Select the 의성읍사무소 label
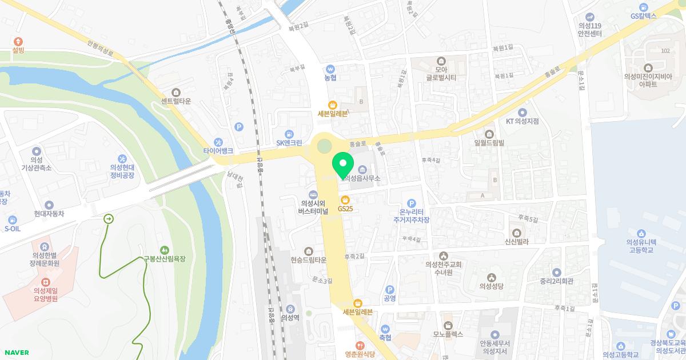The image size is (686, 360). pyautogui.click(x=362, y=179)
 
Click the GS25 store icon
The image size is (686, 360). pyautogui.click(x=345, y=200)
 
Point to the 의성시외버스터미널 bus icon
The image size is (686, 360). pyautogui.click(x=312, y=194)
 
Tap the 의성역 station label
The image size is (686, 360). pyautogui.click(x=290, y=318)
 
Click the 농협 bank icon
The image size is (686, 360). pyautogui.click(x=330, y=69)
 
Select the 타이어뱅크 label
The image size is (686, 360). pyautogui.click(x=218, y=151)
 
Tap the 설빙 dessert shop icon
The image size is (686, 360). pyautogui.click(x=18, y=41)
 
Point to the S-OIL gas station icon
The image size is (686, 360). pyautogui.click(x=12, y=219)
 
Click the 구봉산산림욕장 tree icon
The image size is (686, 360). pyautogui.click(x=165, y=250)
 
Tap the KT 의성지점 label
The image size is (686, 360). pyautogui.click(x=523, y=121)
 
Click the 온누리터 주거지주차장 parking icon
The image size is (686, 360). pyautogui.click(x=411, y=203)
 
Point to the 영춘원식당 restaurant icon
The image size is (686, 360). pyautogui.click(x=360, y=346)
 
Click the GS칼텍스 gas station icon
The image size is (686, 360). pyautogui.click(x=644, y=7)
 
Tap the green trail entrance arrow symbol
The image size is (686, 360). pyautogui.click(x=109, y=218)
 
